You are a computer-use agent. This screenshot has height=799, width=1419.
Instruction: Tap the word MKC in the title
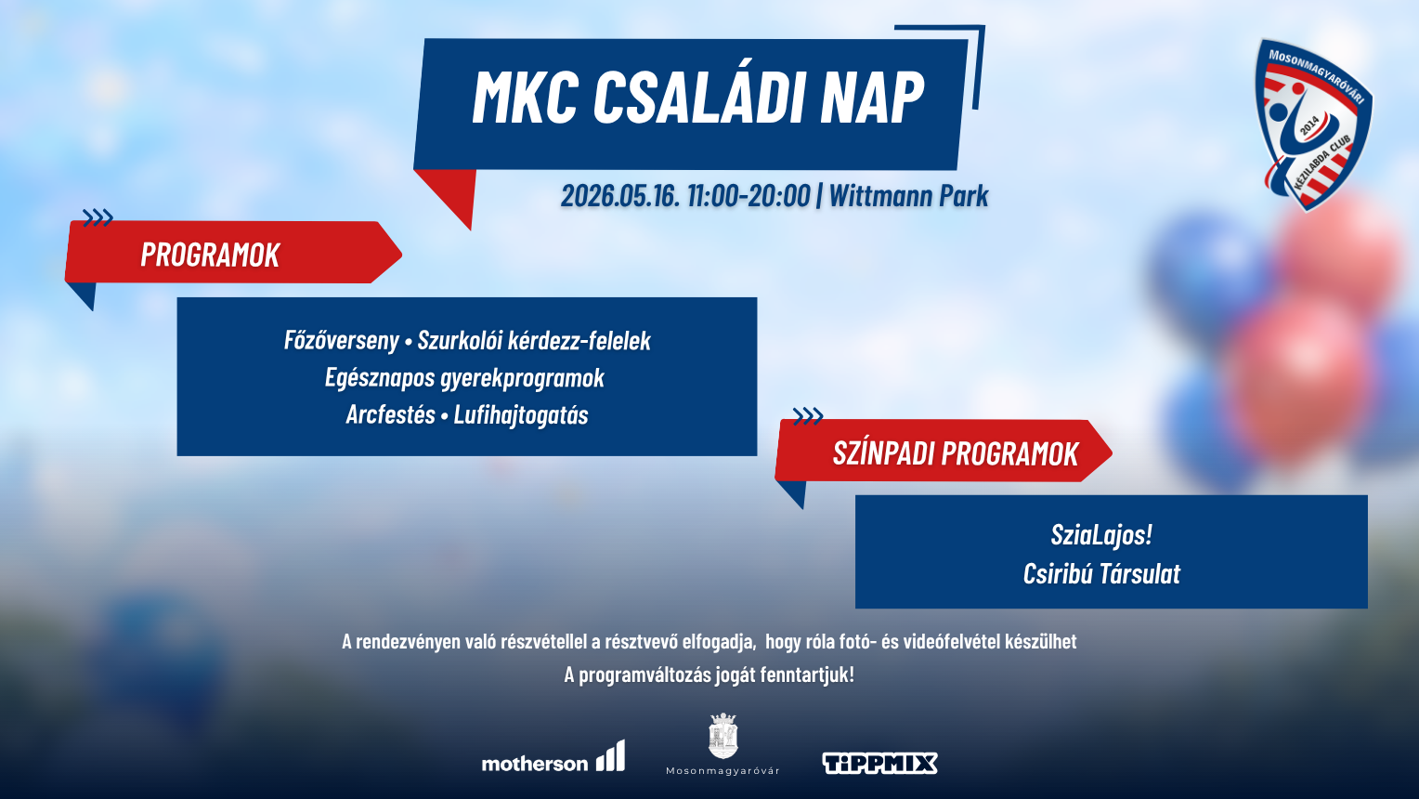(x=525, y=97)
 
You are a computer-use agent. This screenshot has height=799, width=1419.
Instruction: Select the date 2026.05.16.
(x=619, y=196)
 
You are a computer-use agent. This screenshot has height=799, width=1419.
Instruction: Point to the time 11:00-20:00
(x=749, y=196)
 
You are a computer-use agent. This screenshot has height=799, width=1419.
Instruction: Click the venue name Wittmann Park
(x=908, y=196)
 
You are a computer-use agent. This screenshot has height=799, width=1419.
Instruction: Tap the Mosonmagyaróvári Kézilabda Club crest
(x=1311, y=123)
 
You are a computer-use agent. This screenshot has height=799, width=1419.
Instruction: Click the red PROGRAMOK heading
(x=210, y=255)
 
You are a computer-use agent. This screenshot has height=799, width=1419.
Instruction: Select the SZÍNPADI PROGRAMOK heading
(x=955, y=453)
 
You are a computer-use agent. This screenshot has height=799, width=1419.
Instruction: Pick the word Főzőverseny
(x=341, y=341)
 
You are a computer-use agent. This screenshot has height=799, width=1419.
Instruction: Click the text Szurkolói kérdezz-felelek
(x=534, y=341)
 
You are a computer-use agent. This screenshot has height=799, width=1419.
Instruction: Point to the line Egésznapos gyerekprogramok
(x=464, y=378)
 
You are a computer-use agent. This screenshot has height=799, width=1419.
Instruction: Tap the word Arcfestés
(x=390, y=415)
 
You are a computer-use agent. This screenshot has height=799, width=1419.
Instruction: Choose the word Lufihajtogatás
(x=521, y=415)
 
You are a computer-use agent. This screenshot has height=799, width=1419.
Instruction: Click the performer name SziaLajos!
(x=1101, y=535)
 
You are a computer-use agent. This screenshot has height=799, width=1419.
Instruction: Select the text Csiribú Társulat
(x=1101, y=574)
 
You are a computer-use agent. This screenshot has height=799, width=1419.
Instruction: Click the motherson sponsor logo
(x=553, y=758)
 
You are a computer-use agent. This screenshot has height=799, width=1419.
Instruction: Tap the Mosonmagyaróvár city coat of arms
(x=723, y=737)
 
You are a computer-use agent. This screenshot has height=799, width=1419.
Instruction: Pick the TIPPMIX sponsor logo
(x=879, y=764)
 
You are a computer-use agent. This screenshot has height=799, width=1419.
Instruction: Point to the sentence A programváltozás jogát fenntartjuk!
(x=709, y=675)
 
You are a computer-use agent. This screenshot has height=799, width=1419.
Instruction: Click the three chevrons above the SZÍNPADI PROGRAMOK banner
(x=807, y=415)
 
